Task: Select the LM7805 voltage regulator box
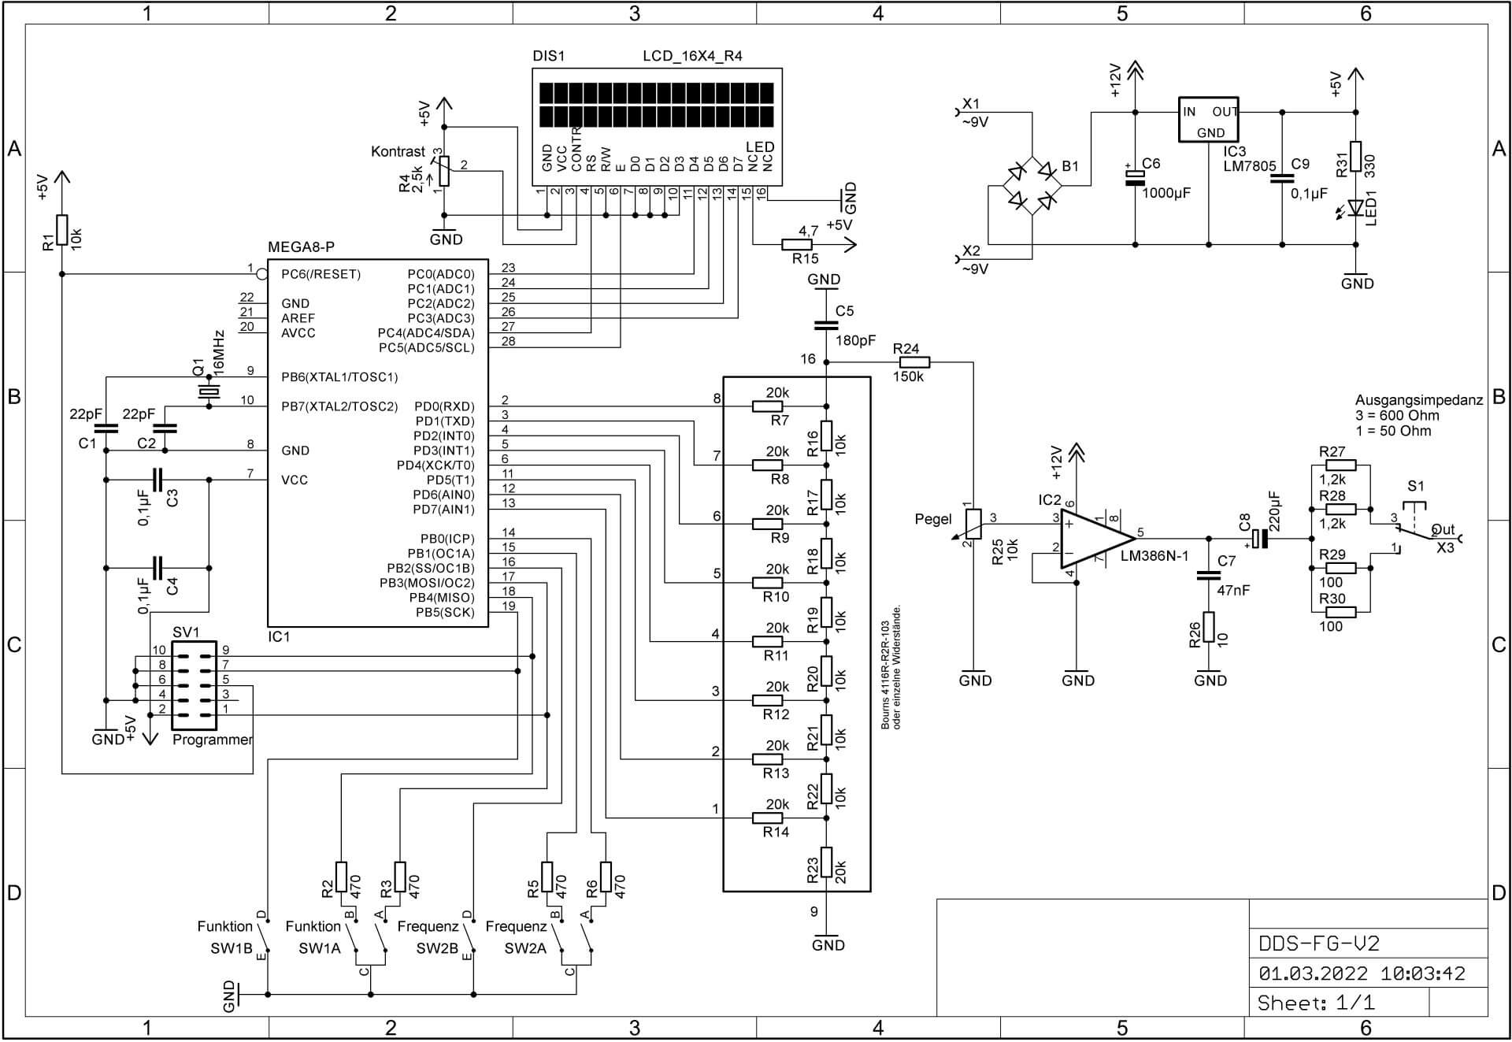tap(1208, 120)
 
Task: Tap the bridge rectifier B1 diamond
tap(1032, 186)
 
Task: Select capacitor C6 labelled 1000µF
tap(1135, 178)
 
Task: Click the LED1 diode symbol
tap(1355, 208)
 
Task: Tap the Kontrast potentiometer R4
tap(444, 171)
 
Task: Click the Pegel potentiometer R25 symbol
tap(973, 524)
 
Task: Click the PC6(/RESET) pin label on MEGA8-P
tap(321, 274)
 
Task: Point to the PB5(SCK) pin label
tap(445, 613)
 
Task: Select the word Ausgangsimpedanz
tap(1418, 400)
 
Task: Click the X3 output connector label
tap(1445, 547)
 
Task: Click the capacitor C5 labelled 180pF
tap(825, 325)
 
